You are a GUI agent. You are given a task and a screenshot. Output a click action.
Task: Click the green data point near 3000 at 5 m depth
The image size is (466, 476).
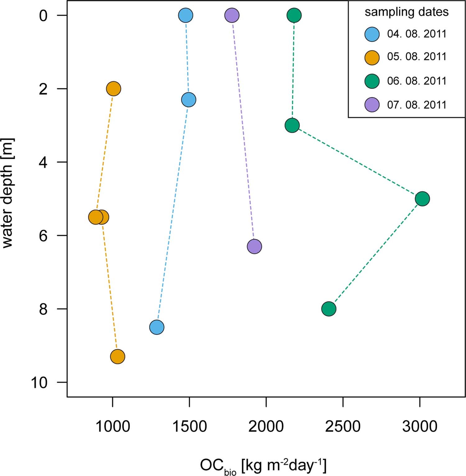coord(422,199)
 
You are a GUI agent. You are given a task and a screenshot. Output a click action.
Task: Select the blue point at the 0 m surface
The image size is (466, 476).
coord(186,15)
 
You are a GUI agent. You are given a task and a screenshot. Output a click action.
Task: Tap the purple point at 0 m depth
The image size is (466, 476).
coord(232,15)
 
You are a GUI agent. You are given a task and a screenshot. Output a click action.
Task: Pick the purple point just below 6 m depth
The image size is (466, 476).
coord(254,247)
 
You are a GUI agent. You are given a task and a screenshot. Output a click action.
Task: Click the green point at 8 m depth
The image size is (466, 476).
coord(329,309)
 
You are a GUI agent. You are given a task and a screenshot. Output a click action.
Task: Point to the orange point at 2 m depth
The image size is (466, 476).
coord(114,89)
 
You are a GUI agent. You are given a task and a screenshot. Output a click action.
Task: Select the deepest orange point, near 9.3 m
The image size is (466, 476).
coord(117,356)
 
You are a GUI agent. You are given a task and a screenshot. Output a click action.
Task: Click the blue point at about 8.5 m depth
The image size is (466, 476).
coord(157,327)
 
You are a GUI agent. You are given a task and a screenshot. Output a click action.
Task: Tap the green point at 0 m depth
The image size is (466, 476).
coord(294,15)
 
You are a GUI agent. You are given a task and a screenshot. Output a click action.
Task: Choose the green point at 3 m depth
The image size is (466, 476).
coord(292,125)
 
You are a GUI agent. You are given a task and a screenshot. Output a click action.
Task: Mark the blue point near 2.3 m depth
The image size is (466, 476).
coord(189,100)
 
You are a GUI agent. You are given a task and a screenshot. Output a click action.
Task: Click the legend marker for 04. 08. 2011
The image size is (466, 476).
coord(372,34)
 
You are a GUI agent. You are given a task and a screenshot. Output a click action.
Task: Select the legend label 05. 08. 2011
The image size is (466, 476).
coord(417,57)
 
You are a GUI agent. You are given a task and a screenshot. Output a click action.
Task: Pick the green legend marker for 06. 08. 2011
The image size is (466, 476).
coord(372,81)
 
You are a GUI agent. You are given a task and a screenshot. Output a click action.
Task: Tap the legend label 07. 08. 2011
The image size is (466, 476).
coord(417,105)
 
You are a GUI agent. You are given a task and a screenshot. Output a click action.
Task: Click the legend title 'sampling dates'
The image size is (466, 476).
coord(406,12)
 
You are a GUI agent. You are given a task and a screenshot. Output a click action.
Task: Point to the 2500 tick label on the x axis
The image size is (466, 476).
coord(343,427)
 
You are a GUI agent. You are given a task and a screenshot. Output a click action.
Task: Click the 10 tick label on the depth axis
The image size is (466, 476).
coord(39,383)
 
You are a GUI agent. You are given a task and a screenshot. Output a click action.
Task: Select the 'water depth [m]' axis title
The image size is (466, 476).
coord(7,193)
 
